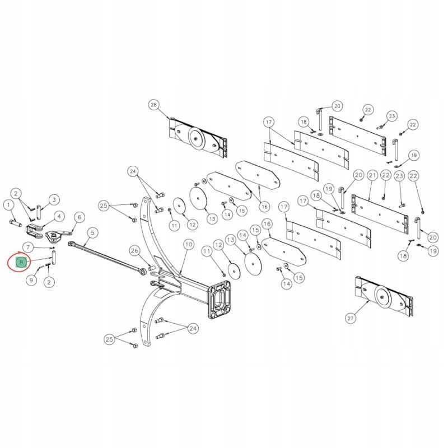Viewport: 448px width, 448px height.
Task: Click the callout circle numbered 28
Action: (155, 105)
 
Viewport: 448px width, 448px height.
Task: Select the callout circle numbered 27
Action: (351, 319)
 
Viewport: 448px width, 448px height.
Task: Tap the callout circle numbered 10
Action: (188, 244)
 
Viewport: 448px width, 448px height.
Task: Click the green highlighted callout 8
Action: (21, 262)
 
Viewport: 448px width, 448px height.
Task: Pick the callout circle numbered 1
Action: (9, 205)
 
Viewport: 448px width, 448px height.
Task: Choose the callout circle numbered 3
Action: (54, 199)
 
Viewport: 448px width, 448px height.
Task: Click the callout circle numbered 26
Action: (134, 250)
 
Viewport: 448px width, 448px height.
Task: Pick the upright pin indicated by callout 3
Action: (40, 212)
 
